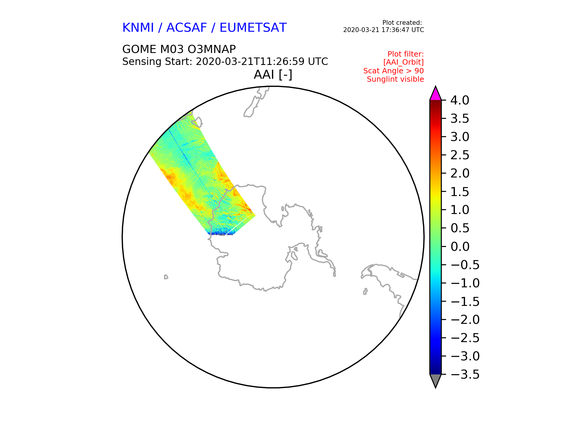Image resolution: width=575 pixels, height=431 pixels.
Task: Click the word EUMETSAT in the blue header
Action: coord(253,28)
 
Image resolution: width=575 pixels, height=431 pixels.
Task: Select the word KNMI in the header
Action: coord(138,28)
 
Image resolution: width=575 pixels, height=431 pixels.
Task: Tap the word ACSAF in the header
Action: coord(186,28)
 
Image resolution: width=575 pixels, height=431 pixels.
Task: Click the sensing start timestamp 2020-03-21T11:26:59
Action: coord(250,62)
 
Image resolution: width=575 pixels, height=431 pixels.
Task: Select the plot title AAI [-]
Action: coord(273,75)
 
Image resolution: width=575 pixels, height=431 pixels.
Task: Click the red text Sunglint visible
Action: coord(395,79)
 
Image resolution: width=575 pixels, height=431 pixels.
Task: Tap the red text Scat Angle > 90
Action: coord(394,71)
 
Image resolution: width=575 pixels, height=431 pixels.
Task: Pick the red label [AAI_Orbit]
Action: coord(403,62)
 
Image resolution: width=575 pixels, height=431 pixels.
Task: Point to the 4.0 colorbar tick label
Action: coord(460,101)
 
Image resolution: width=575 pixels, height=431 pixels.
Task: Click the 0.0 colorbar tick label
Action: coord(460,247)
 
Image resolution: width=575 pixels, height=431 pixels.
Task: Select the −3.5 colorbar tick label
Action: coord(465,375)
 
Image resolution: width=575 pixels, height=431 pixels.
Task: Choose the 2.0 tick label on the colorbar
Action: coord(460,174)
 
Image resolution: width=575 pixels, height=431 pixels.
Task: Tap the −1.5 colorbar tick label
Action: coord(465,302)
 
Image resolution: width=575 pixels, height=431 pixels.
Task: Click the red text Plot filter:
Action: coord(406,54)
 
